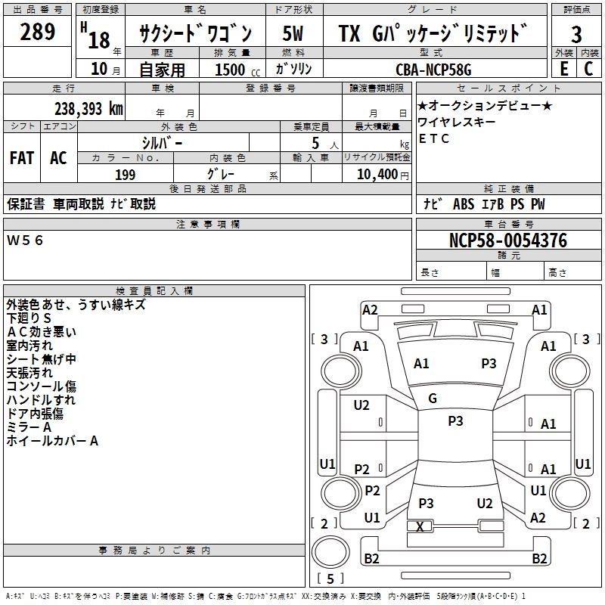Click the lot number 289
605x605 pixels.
click(37, 33)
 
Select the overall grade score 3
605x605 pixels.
click(576, 35)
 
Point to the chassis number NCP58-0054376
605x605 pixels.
click(508, 240)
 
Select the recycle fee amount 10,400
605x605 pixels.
click(376, 175)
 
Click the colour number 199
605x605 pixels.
click(125, 175)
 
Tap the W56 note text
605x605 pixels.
click(26, 240)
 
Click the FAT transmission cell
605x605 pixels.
click(21, 158)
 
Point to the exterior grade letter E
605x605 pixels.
click(563, 69)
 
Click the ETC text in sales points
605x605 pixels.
click(434, 138)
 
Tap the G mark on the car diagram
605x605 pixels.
click(433, 399)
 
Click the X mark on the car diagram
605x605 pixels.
click(420, 526)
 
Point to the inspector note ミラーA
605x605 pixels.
click(29, 427)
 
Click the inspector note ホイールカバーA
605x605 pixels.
click(52, 441)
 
